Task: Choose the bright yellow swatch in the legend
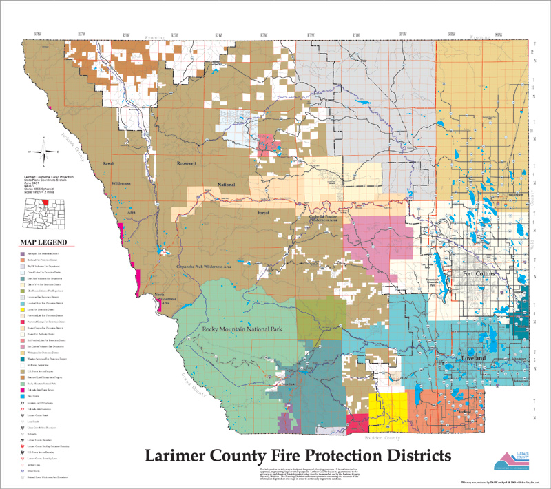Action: click(x=23, y=309)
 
